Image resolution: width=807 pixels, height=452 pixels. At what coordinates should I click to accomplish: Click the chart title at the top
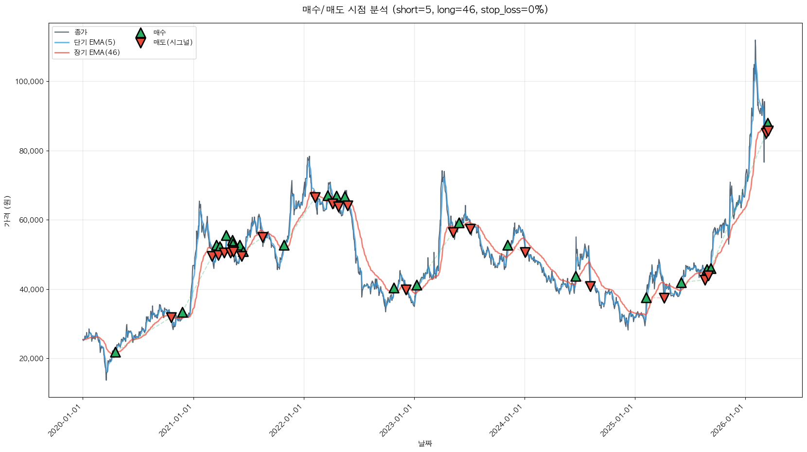(x=425, y=10)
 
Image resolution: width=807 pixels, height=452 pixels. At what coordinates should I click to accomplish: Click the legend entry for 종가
(x=81, y=33)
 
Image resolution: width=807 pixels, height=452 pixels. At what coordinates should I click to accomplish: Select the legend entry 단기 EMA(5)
(x=94, y=42)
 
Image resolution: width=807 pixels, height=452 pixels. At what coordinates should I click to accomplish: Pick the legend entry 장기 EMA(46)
(x=97, y=52)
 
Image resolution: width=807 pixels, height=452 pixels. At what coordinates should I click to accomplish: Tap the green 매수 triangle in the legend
(x=140, y=33)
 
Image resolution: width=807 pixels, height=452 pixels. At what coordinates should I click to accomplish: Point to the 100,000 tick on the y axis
(x=29, y=82)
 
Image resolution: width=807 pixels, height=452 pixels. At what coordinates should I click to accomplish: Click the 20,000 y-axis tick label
(x=31, y=359)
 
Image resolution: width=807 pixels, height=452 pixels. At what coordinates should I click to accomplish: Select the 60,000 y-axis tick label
(x=31, y=220)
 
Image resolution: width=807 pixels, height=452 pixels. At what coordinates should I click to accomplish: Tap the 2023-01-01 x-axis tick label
(x=396, y=420)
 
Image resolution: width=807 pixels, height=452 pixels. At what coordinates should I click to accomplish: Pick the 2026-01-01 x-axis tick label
(x=727, y=420)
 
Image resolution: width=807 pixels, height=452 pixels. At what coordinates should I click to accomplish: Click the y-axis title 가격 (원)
(x=7, y=211)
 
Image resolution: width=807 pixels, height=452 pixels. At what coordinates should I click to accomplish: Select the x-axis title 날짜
(x=425, y=443)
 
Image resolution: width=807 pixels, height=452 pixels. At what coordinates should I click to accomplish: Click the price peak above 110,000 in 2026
(x=755, y=40)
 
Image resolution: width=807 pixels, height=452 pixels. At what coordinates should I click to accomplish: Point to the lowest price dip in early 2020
(x=106, y=380)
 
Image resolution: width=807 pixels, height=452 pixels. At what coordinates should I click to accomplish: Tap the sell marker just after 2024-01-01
(x=525, y=252)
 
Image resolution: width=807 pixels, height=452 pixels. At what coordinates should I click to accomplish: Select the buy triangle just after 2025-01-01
(x=646, y=298)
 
